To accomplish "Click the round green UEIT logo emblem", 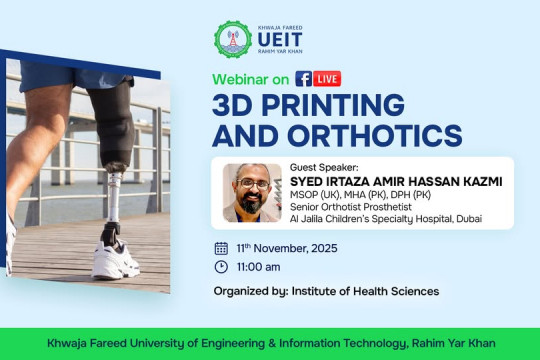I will (x=234, y=39).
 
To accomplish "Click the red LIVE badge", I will (x=327, y=78).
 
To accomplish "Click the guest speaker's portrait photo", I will (x=251, y=191).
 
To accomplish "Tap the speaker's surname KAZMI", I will (x=477, y=181).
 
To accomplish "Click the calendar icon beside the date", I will (x=221, y=247).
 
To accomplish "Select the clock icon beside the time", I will (x=221, y=267).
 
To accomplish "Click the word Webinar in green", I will (x=242, y=78).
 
